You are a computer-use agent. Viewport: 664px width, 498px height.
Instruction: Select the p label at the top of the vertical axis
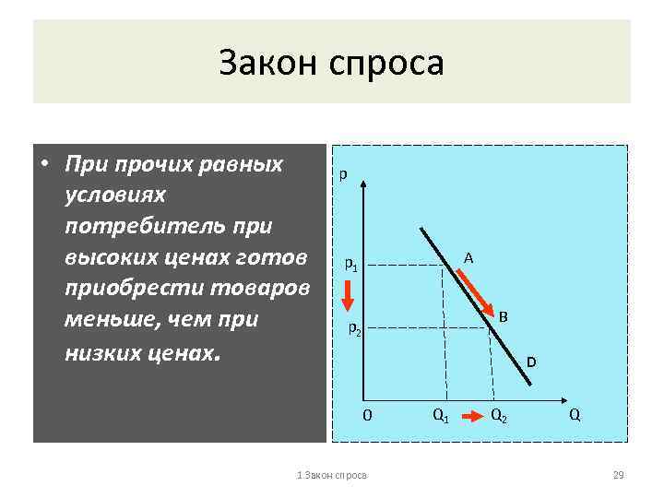coord(343,173)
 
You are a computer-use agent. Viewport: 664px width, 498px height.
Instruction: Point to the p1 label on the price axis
coord(351,265)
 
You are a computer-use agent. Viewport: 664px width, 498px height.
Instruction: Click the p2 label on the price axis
coord(355,327)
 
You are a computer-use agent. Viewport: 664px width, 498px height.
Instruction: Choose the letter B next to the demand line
coord(504,316)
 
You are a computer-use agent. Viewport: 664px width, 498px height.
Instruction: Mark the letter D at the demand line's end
coord(531,362)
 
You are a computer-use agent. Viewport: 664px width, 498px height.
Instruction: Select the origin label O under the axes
coord(367,415)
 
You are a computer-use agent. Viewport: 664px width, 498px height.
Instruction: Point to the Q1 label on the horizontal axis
coord(441,415)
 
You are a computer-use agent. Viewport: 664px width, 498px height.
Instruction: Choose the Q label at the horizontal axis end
coord(575,415)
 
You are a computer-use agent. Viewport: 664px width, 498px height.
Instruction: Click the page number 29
coord(619,475)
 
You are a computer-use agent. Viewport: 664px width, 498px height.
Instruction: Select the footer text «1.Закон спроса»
coord(331,475)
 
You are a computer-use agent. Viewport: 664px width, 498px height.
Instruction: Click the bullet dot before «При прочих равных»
coord(44,166)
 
